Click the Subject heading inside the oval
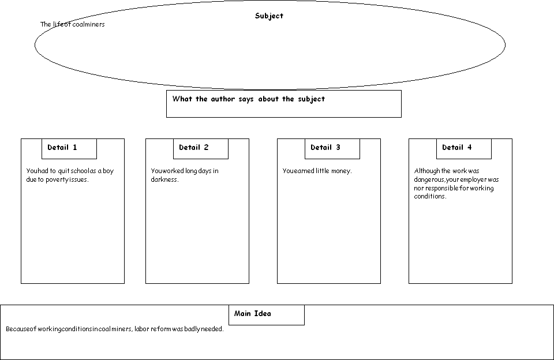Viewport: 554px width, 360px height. [x=269, y=16]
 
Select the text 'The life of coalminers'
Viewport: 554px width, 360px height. [x=73, y=24]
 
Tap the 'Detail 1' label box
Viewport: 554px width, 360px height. [x=69, y=149]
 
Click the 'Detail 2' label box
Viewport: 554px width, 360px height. [x=201, y=149]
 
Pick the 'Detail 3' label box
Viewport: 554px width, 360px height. [x=332, y=149]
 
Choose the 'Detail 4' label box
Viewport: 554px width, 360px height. [x=463, y=149]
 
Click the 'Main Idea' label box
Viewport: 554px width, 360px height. [x=267, y=315]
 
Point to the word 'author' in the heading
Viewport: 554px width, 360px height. [x=223, y=99]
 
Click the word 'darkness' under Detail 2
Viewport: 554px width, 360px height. [x=164, y=179]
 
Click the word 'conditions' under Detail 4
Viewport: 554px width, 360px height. [x=429, y=196]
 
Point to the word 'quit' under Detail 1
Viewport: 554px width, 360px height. [x=63, y=171]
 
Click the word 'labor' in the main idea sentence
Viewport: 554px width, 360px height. [x=142, y=329]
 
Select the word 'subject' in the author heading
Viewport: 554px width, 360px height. [x=311, y=99]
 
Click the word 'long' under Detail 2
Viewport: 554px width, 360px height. [x=191, y=171]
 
